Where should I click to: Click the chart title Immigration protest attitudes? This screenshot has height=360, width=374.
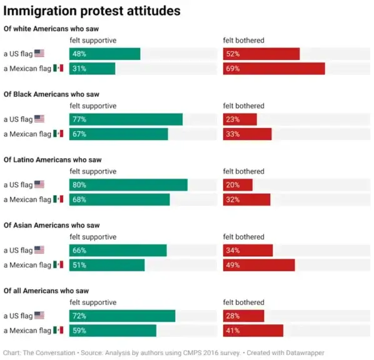(x=93, y=11)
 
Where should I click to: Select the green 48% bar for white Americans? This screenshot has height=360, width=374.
(x=104, y=54)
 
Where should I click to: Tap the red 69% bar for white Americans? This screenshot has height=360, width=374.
(x=274, y=69)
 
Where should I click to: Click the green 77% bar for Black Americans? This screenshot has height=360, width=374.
(x=126, y=119)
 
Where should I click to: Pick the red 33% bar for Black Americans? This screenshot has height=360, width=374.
(x=247, y=134)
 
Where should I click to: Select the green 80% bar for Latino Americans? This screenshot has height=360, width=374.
(x=128, y=185)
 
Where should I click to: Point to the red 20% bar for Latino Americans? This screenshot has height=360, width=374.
(x=238, y=185)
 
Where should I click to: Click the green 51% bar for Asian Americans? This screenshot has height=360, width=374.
(x=107, y=265)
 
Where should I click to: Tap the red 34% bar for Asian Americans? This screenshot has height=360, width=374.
(x=248, y=251)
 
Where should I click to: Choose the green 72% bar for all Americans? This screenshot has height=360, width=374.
(x=122, y=316)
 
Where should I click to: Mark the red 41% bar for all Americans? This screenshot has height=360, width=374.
(x=253, y=331)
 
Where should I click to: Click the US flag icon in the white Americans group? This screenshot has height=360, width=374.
(x=39, y=54)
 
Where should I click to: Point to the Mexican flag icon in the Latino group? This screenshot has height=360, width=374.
(x=58, y=199)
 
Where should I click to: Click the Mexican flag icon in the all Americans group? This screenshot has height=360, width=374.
(x=58, y=331)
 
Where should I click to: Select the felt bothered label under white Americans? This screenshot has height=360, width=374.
(x=243, y=41)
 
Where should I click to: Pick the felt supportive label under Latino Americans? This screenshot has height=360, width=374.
(x=93, y=171)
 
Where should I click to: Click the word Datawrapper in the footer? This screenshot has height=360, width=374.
(x=303, y=352)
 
